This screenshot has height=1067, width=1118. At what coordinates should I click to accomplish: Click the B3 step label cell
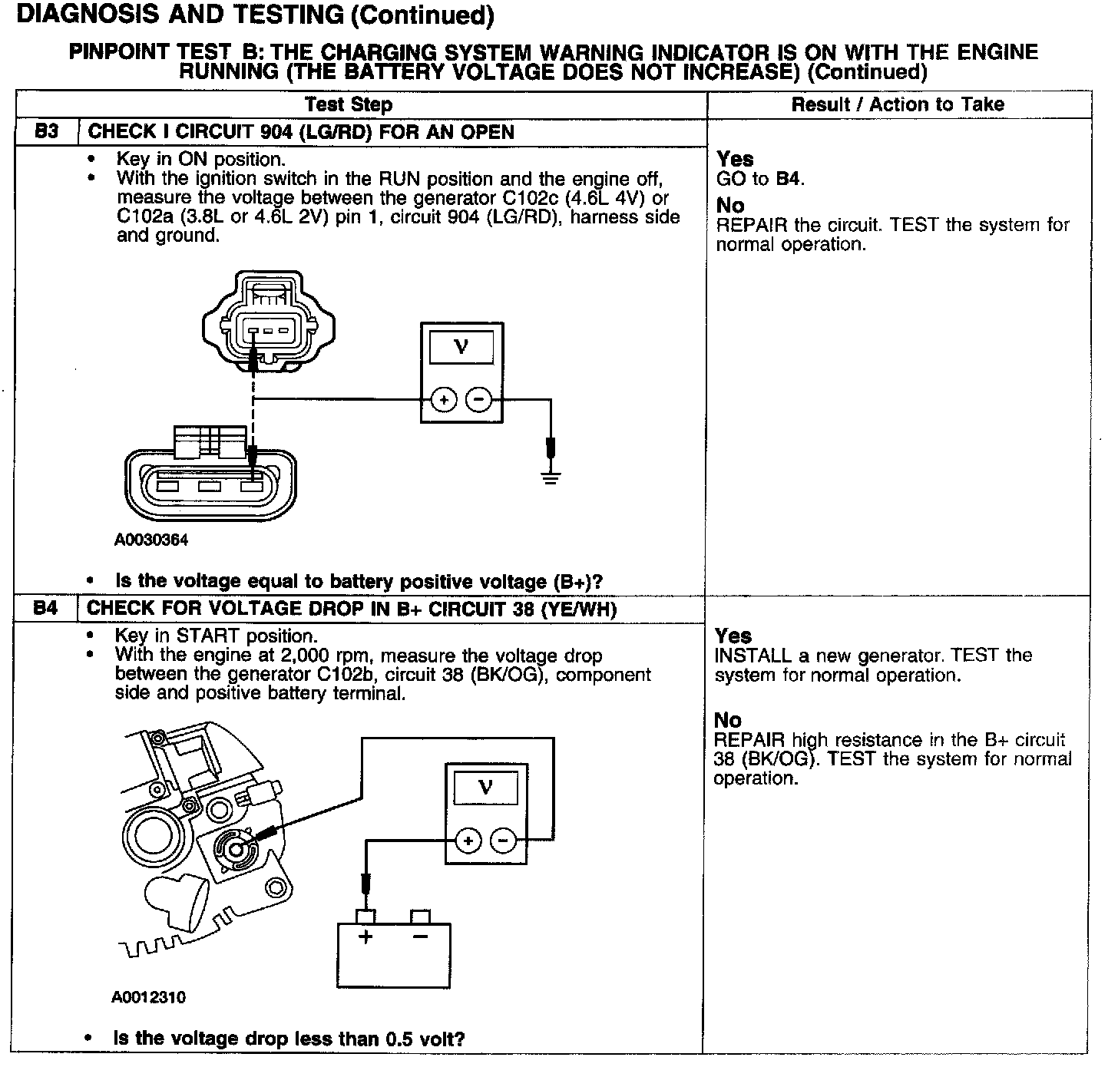point(47,131)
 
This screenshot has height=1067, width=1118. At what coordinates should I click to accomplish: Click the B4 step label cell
point(46,609)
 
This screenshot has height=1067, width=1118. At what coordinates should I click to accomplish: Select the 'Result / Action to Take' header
point(898,104)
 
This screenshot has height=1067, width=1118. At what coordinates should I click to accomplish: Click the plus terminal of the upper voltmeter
point(443,400)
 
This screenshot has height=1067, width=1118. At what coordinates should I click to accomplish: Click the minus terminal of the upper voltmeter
point(479,400)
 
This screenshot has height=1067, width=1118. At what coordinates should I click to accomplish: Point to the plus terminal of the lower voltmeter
point(468,841)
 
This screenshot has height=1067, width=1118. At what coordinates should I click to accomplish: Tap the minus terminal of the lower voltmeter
point(504,841)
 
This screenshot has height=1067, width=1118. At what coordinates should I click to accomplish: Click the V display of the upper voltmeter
point(461,348)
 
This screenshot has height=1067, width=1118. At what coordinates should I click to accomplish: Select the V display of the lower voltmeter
point(485,788)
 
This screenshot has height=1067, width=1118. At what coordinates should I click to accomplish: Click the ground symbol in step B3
point(550,477)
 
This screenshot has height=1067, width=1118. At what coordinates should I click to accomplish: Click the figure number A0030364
point(151,540)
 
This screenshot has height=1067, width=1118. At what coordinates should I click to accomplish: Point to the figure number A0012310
point(149,997)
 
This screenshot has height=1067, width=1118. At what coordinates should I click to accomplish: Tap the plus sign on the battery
point(365,937)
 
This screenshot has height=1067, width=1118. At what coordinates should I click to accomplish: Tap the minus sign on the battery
point(420,937)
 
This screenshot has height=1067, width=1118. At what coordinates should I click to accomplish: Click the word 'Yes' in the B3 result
point(735,159)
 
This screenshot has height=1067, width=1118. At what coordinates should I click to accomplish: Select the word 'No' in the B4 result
point(728,720)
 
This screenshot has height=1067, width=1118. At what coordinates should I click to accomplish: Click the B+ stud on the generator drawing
point(233,847)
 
